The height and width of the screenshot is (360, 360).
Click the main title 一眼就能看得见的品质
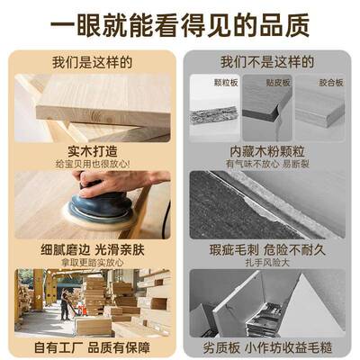180,22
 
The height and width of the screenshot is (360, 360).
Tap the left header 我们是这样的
92,63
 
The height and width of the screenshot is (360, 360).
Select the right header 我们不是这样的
267,63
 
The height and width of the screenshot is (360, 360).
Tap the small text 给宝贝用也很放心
92,164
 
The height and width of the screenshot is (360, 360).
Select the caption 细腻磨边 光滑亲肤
92,247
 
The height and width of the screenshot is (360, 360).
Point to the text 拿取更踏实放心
92,260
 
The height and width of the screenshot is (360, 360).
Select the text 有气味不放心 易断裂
267,164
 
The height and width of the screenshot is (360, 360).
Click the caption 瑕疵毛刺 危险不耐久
267,247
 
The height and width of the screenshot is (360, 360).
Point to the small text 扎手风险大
267,260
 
